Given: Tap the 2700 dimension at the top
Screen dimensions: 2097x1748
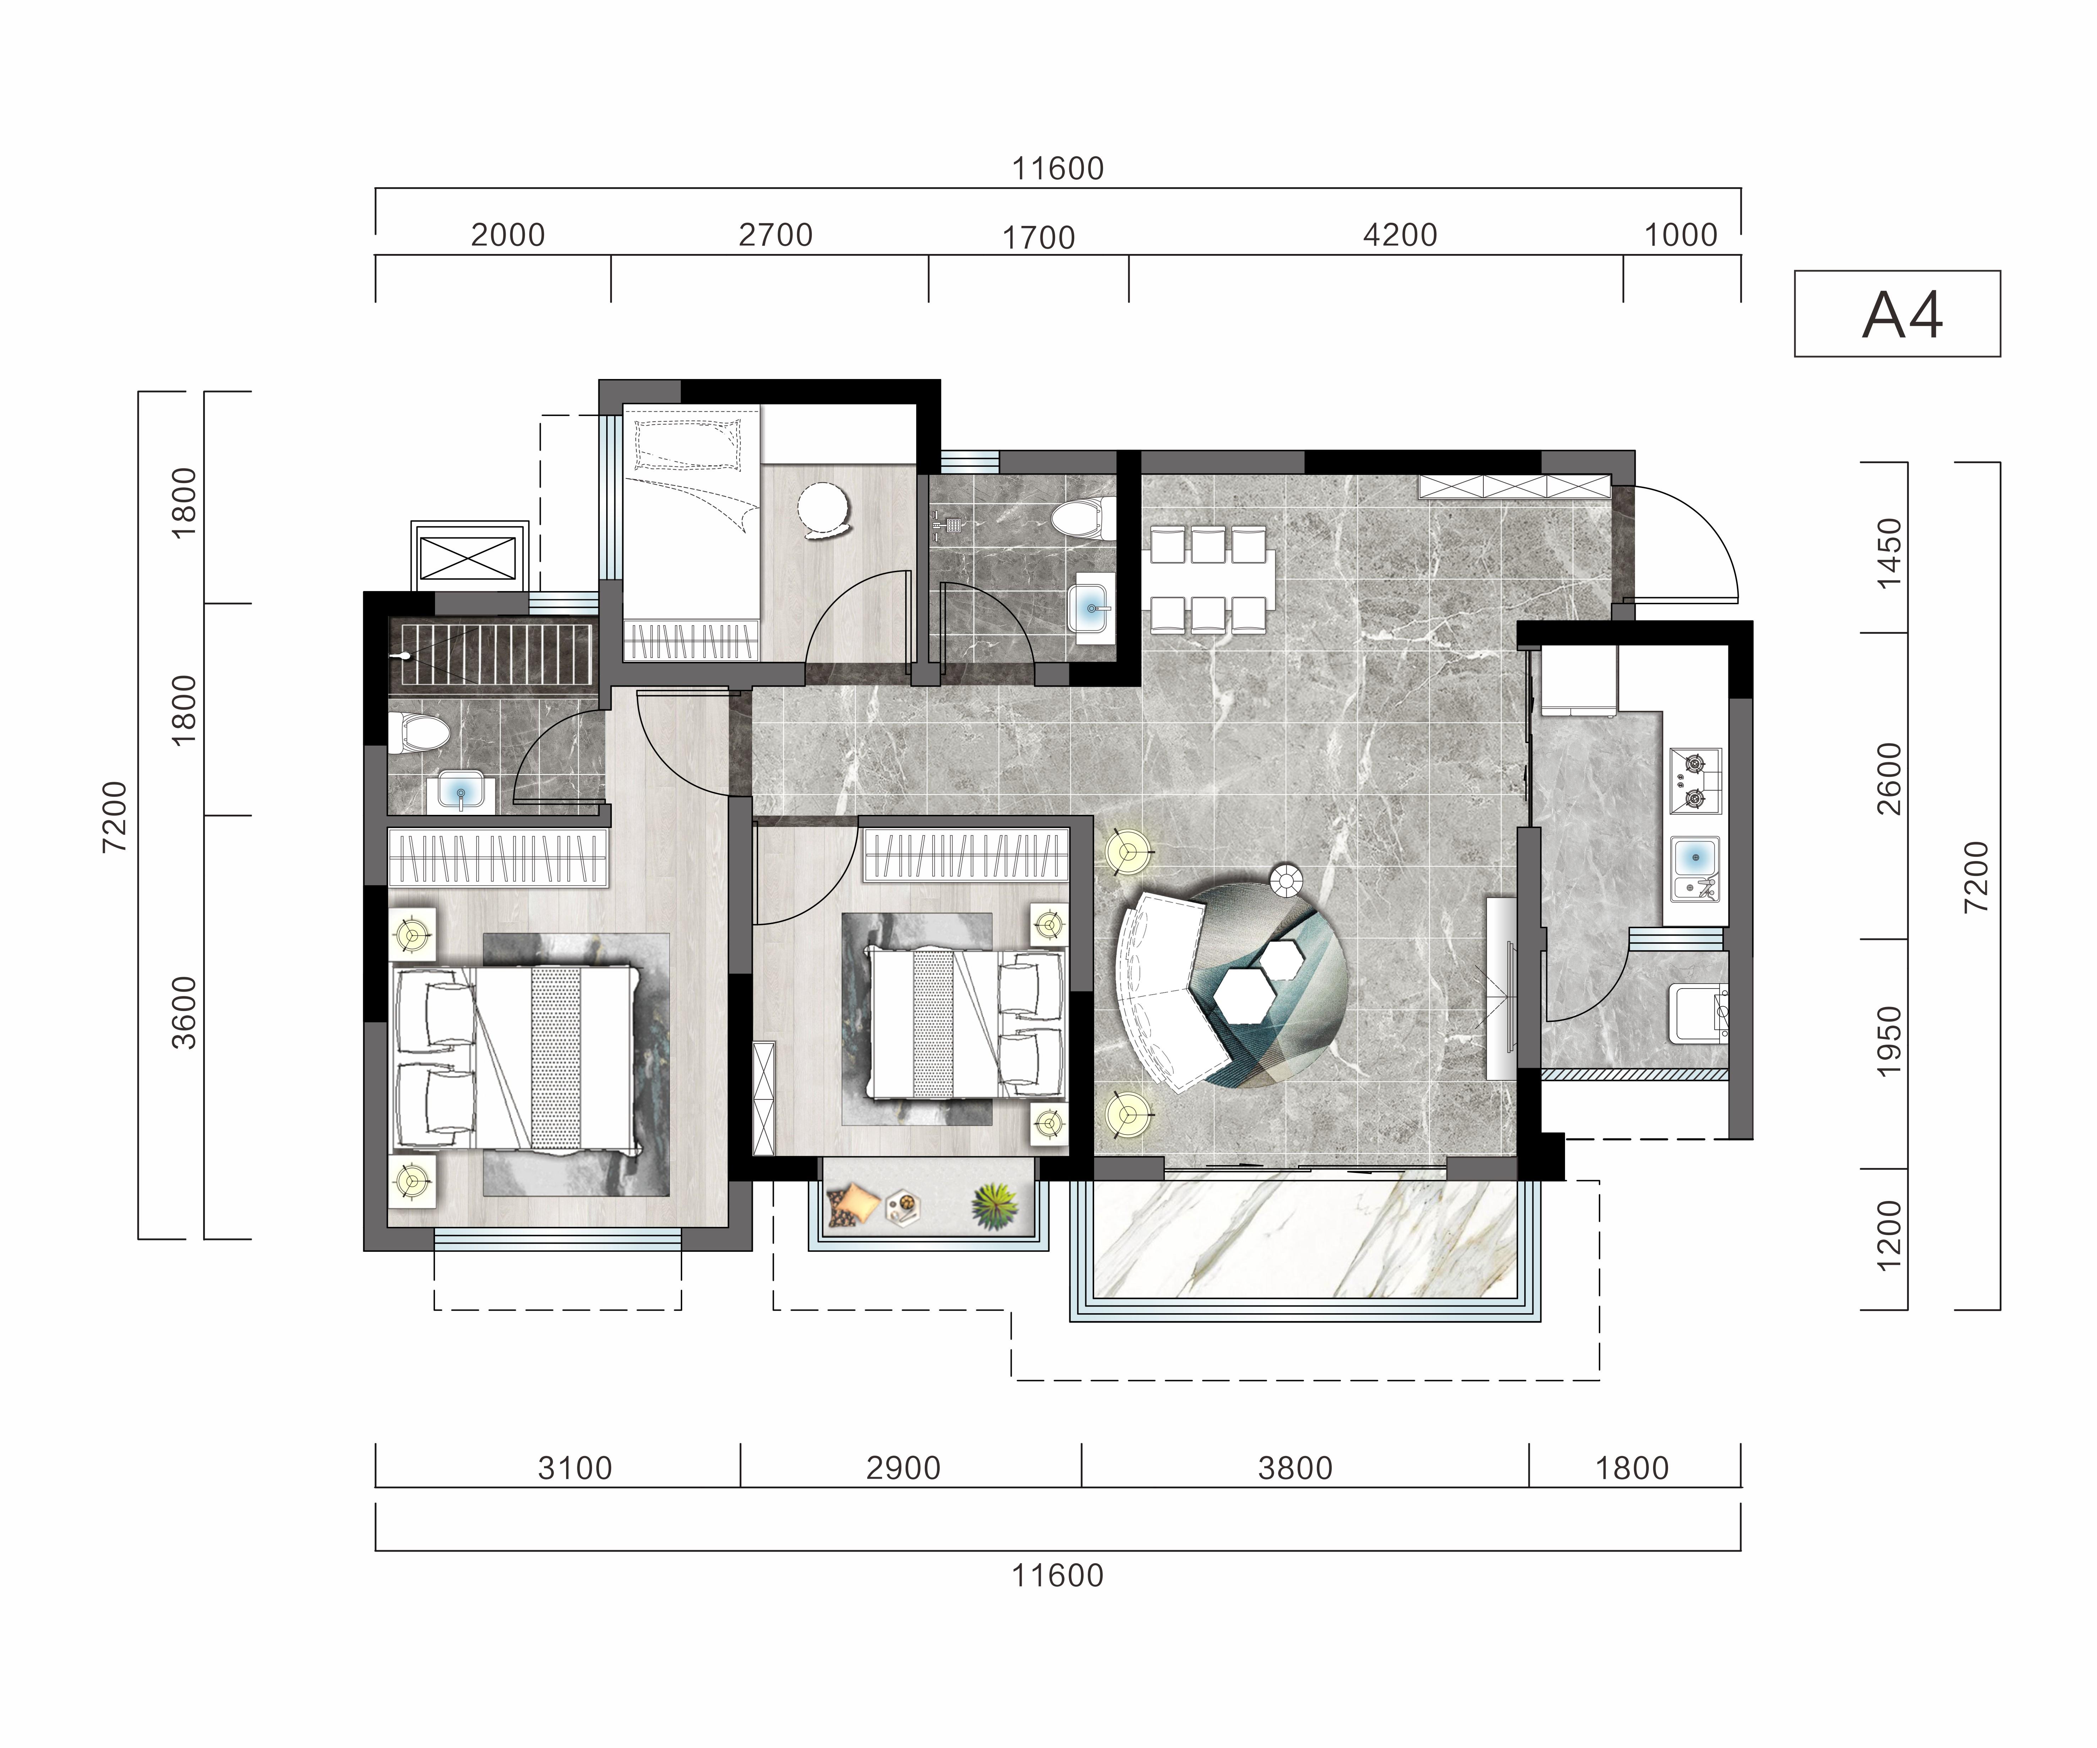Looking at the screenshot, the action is point(776,236).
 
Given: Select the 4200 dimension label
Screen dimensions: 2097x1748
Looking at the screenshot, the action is point(1400,236).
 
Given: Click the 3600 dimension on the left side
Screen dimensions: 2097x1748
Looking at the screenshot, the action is point(185,1013).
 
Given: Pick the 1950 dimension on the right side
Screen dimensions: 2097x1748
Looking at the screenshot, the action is point(1889,1042).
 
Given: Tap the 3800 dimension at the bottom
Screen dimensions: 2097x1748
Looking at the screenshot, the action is point(1295,1468).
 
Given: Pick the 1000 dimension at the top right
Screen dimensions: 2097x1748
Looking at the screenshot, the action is point(1680,236).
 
